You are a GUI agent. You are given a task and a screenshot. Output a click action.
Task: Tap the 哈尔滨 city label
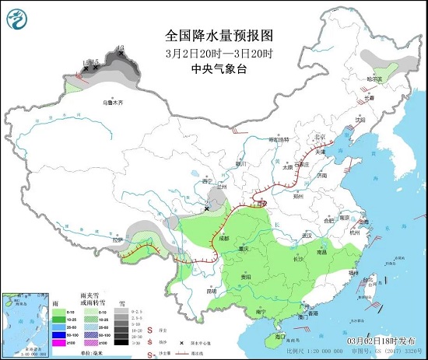(x=376, y=79)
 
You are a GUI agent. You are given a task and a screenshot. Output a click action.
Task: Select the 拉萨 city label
(x=118, y=240)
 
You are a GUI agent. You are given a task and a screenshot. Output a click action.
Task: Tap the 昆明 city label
(x=210, y=291)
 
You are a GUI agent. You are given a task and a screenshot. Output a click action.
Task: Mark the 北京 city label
(x=319, y=138)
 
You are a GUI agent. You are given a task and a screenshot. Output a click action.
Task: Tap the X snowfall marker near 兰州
(x=206, y=208)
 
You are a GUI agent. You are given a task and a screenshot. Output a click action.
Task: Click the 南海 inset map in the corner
(x=23, y=322)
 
